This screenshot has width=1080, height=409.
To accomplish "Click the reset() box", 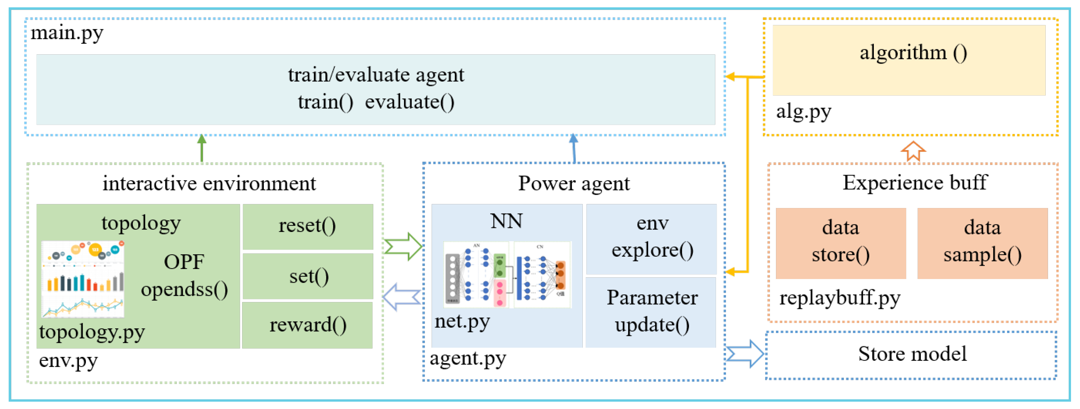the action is [307, 227].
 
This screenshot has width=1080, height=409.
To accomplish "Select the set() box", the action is [307, 276].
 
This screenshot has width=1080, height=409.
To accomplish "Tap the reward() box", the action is [307, 325].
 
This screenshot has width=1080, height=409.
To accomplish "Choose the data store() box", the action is [840, 243].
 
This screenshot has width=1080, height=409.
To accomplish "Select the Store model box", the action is [911, 354].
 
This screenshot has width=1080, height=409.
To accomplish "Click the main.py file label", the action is [67, 33].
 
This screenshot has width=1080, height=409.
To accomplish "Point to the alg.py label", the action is [803, 112].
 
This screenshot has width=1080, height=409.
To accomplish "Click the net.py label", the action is [462, 321].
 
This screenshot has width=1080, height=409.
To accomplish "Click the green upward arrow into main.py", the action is [202, 148].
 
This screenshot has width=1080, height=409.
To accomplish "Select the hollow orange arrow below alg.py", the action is [913, 151].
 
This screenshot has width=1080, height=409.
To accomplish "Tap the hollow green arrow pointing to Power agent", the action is [403, 247].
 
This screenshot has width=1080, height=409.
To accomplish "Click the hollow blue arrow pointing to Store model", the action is [744, 354].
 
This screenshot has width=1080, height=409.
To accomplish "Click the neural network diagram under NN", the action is [507, 275].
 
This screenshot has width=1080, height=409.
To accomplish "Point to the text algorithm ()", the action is [913, 53].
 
